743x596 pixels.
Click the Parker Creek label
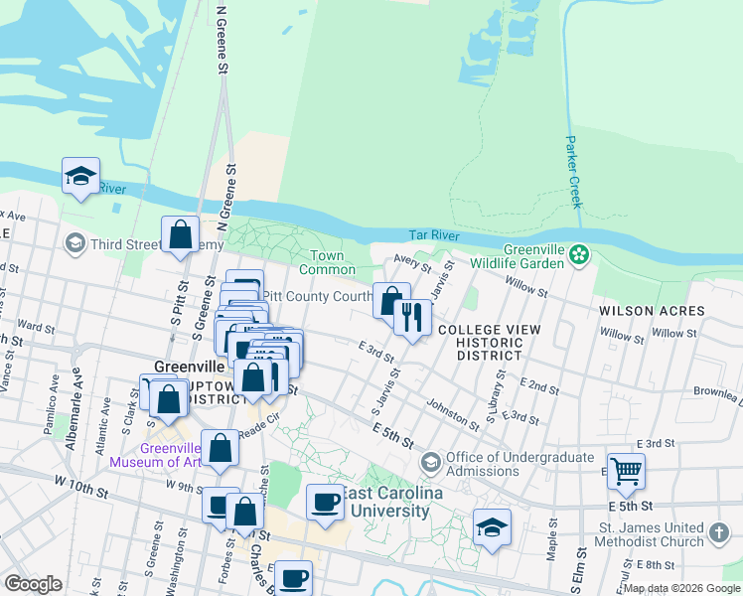[572, 172]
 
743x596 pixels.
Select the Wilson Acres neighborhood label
[652, 311]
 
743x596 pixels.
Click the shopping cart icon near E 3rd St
[626, 472]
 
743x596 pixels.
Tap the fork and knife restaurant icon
[410, 317]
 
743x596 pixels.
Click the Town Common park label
[327, 263]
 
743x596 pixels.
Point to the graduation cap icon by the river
[80, 176]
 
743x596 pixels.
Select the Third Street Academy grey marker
[74, 243]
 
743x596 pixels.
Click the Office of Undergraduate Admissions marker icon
[431, 462]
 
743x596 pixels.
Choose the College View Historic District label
[489, 342]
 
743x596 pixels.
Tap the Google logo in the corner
[33, 584]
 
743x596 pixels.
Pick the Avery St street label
[411, 263]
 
